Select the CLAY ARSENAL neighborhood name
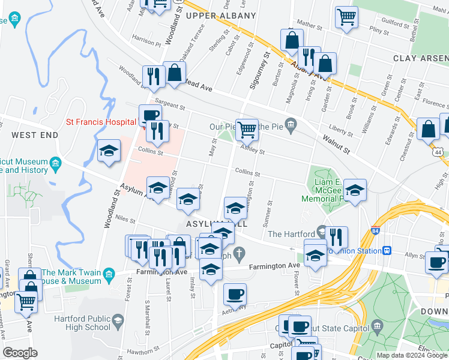coord(421,58)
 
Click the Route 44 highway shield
coord(439,153)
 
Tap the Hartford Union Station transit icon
coord(388,250)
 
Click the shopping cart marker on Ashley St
coord(247,129)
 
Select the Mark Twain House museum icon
coord(109,276)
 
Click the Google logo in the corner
coord(20,353)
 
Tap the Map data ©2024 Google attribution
coord(412,355)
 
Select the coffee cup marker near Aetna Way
coord(235,294)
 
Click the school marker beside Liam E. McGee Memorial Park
coord(355,190)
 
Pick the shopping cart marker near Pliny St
coord(346,17)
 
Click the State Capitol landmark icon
coord(377,328)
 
